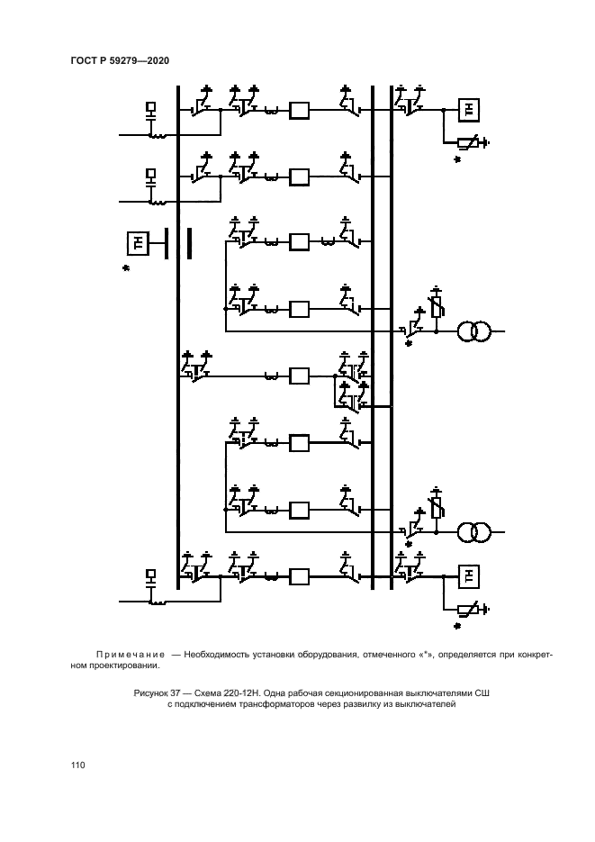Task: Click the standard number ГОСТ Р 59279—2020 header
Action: (120, 60)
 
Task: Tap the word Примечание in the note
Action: (129, 655)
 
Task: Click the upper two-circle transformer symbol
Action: (473, 331)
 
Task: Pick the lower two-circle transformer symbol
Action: (473, 531)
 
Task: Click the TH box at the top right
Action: (468, 110)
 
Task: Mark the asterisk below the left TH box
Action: (127, 268)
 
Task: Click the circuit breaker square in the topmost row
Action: (299, 111)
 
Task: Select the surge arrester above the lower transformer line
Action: (437, 508)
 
